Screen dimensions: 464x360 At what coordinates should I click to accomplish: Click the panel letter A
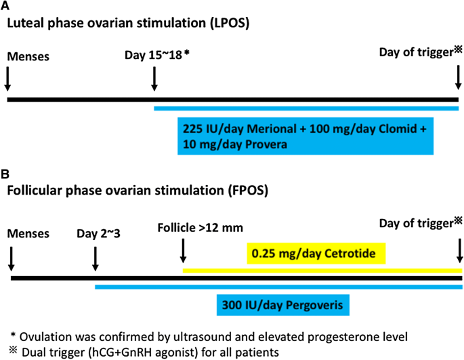5,6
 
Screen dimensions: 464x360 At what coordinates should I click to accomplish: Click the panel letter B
5,175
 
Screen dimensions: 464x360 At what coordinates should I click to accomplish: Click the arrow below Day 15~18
154,79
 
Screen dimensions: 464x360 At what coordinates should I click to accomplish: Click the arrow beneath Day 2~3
95,258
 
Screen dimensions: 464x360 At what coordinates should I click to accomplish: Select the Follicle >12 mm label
200,227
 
